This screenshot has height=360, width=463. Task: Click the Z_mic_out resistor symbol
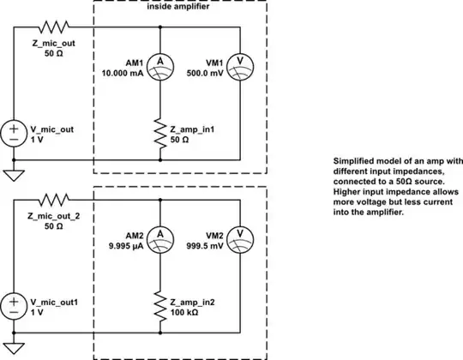tap(51, 27)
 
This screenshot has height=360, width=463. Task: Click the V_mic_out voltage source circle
tap(14, 133)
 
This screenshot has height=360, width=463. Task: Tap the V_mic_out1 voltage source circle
tap(14, 303)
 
